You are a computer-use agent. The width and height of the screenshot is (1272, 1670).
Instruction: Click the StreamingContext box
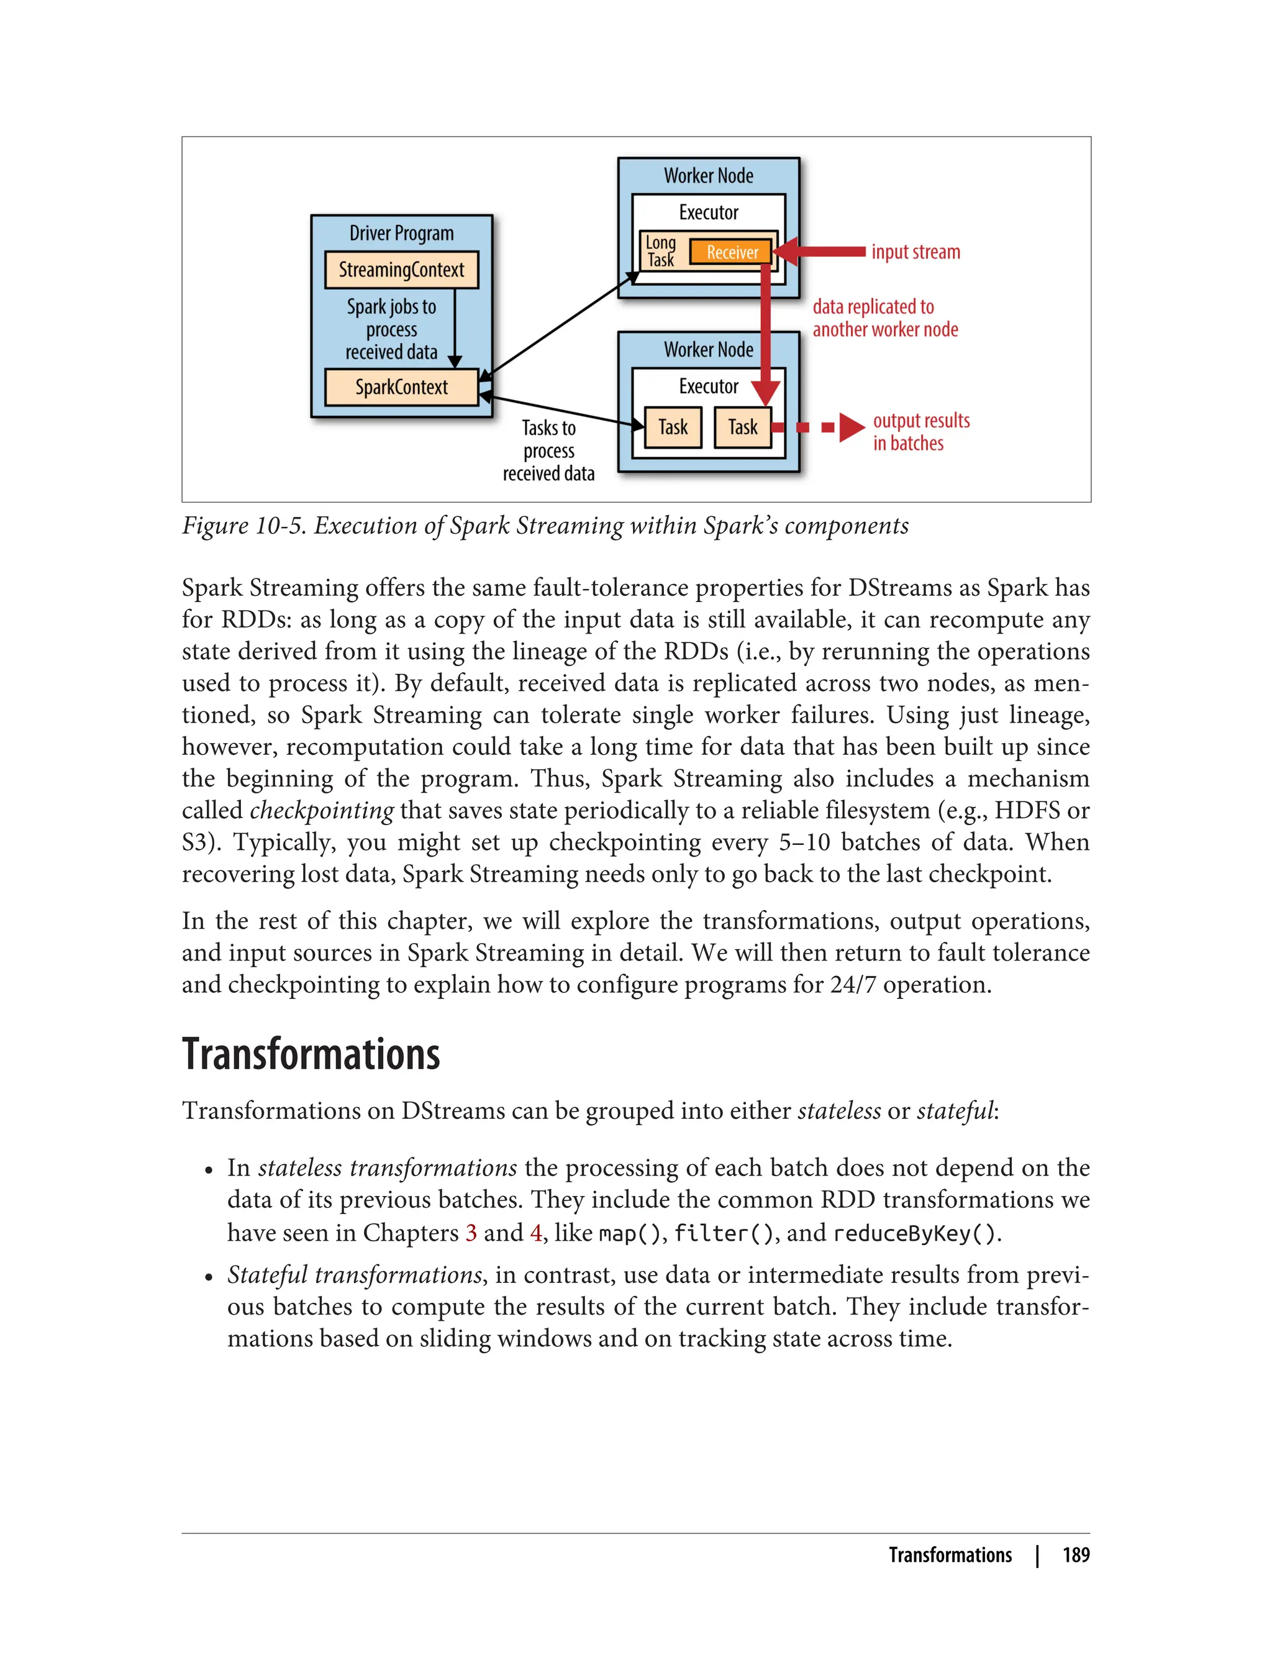tap(401, 270)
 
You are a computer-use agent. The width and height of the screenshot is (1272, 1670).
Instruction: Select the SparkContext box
tap(401, 387)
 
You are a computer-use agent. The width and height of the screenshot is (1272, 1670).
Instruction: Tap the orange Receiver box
tap(732, 252)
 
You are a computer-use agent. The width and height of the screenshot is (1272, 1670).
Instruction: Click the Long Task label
tap(660, 252)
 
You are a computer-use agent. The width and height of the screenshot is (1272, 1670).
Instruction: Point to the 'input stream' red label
tap(915, 252)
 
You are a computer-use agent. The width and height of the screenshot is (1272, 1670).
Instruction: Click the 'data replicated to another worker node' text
tap(884, 318)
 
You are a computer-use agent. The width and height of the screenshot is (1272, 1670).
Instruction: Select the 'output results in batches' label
tap(920, 432)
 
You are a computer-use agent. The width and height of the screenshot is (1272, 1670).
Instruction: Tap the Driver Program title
tap(401, 233)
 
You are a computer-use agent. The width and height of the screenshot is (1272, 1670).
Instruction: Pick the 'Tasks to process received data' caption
tap(548, 450)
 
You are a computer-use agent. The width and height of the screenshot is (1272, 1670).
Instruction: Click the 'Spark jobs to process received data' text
tap(391, 329)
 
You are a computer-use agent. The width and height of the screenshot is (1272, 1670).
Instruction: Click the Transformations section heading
tap(311, 1054)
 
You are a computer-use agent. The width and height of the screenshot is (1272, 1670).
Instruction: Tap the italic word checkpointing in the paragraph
tap(321, 810)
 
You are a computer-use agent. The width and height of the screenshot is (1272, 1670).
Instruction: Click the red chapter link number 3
tap(471, 1233)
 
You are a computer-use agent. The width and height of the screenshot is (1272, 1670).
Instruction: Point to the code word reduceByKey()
tap(915, 1234)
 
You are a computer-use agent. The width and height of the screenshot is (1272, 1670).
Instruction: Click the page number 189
tap(1075, 1555)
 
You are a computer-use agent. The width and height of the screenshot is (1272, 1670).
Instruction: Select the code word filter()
tap(724, 1234)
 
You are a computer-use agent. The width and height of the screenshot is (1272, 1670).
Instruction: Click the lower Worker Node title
tap(708, 349)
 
